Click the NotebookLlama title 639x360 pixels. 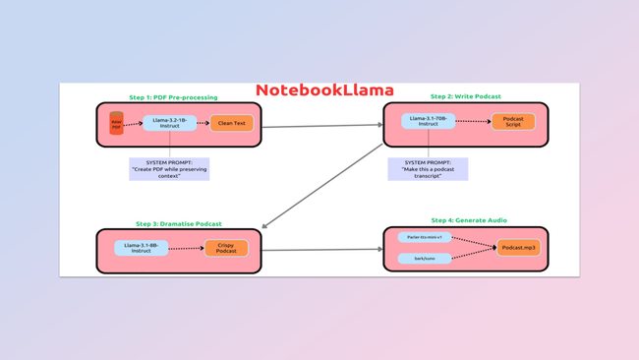point(323,90)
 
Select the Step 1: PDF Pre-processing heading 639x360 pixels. point(173,97)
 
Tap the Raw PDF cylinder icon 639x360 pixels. point(116,124)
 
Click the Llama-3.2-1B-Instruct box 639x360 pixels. point(169,123)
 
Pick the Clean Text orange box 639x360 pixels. point(231,123)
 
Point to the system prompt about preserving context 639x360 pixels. point(169,168)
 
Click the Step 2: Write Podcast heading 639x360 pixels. point(465,96)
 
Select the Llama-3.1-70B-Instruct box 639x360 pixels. point(428,121)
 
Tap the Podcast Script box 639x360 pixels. point(513,122)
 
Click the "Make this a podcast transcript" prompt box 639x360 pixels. point(428,168)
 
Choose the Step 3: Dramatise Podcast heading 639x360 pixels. point(178,223)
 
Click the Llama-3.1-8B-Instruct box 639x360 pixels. point(142,248)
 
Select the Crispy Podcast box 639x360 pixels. point(226,248)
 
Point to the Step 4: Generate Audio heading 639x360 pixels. point(469,220)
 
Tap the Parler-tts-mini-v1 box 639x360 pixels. point(425,237)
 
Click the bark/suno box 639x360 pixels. point(425,259)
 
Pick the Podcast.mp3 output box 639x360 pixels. point(518,248)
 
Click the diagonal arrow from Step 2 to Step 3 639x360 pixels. point(322,186)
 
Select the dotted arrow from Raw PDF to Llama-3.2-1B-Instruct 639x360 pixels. point(134,124)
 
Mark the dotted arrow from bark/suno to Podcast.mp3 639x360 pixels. point(474,254)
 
